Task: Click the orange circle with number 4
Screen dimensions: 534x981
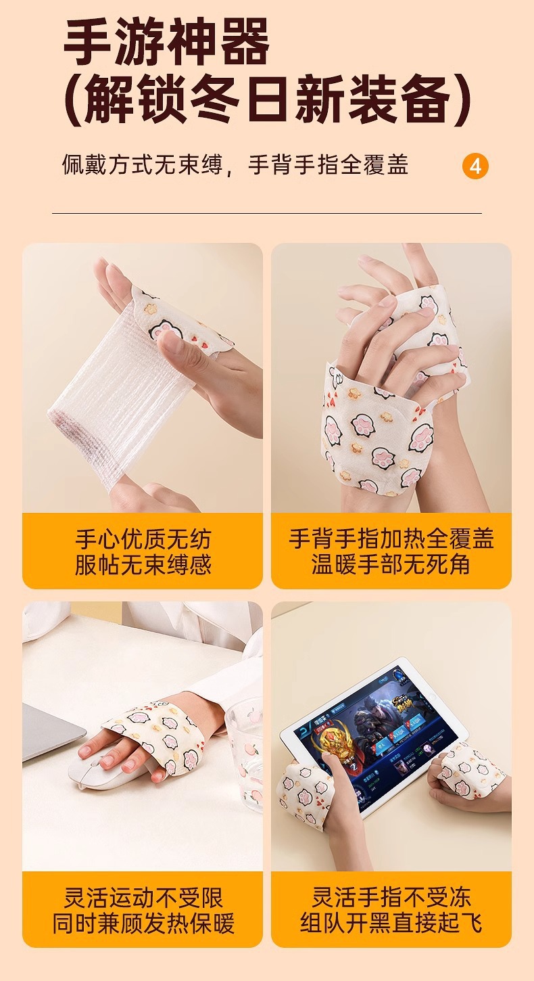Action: [x=475, y=166]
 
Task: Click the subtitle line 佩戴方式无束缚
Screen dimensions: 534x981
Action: [x=143, y=165]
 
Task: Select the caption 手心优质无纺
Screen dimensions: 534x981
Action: [x=143, y=539]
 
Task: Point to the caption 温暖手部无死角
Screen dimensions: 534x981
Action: [x=391, y=564]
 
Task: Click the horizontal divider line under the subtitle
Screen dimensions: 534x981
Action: [x=267, y=213]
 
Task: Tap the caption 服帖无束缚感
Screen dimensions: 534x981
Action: [x=143, y=564]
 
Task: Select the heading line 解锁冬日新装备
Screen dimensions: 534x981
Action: [x=267, y=99]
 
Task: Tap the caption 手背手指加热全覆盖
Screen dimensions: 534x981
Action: [x=391, y=539]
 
